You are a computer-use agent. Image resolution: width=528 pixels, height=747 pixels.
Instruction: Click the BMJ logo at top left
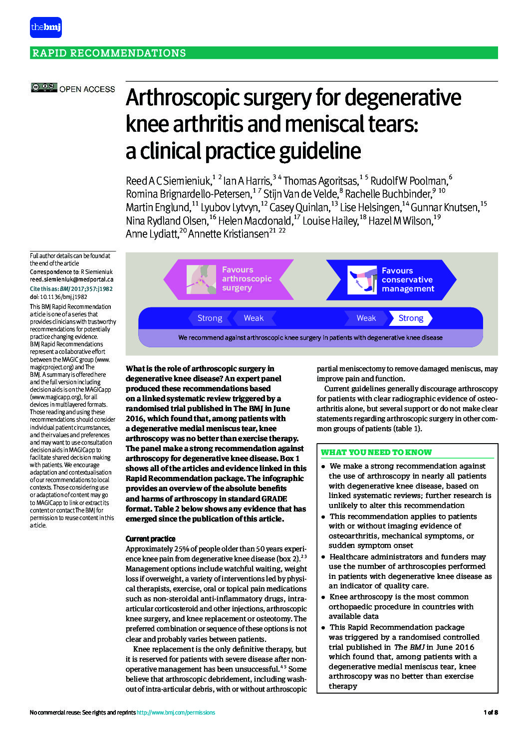tap(46, 27)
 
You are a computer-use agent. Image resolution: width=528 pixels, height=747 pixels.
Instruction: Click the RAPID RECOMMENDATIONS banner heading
tap(109, 53)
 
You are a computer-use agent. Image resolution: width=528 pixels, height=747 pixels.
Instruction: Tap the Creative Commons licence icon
tap(44, 88)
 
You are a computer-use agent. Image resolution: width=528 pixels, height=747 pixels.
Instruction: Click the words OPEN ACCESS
tap(87, 89)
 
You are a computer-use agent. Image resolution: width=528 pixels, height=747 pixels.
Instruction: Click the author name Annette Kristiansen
tap(228, 234)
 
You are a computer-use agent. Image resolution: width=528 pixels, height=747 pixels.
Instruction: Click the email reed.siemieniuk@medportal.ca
tap(71, 279)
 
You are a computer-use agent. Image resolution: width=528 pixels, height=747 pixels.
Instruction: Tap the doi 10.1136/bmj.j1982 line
tap(58, 296)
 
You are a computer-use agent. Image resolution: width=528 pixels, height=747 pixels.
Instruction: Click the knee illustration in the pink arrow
tap(201, 279)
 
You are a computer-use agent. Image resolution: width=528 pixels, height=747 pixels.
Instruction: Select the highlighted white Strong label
tap(411, 318)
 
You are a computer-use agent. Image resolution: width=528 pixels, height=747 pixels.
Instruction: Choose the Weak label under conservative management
tap(366, 318)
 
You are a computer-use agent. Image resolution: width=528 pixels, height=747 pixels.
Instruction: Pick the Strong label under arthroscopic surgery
tap(210, 318)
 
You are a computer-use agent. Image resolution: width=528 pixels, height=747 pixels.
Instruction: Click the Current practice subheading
tap(150, 539)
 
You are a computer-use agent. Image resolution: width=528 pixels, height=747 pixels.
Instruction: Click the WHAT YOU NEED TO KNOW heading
tap(376, 452)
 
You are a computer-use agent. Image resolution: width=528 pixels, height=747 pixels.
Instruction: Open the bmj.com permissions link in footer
tap(176, 713)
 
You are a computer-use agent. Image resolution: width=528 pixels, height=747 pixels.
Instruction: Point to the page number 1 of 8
tap(490, 713)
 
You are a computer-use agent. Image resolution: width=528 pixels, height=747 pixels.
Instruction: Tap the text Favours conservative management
tap(407, 279)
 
